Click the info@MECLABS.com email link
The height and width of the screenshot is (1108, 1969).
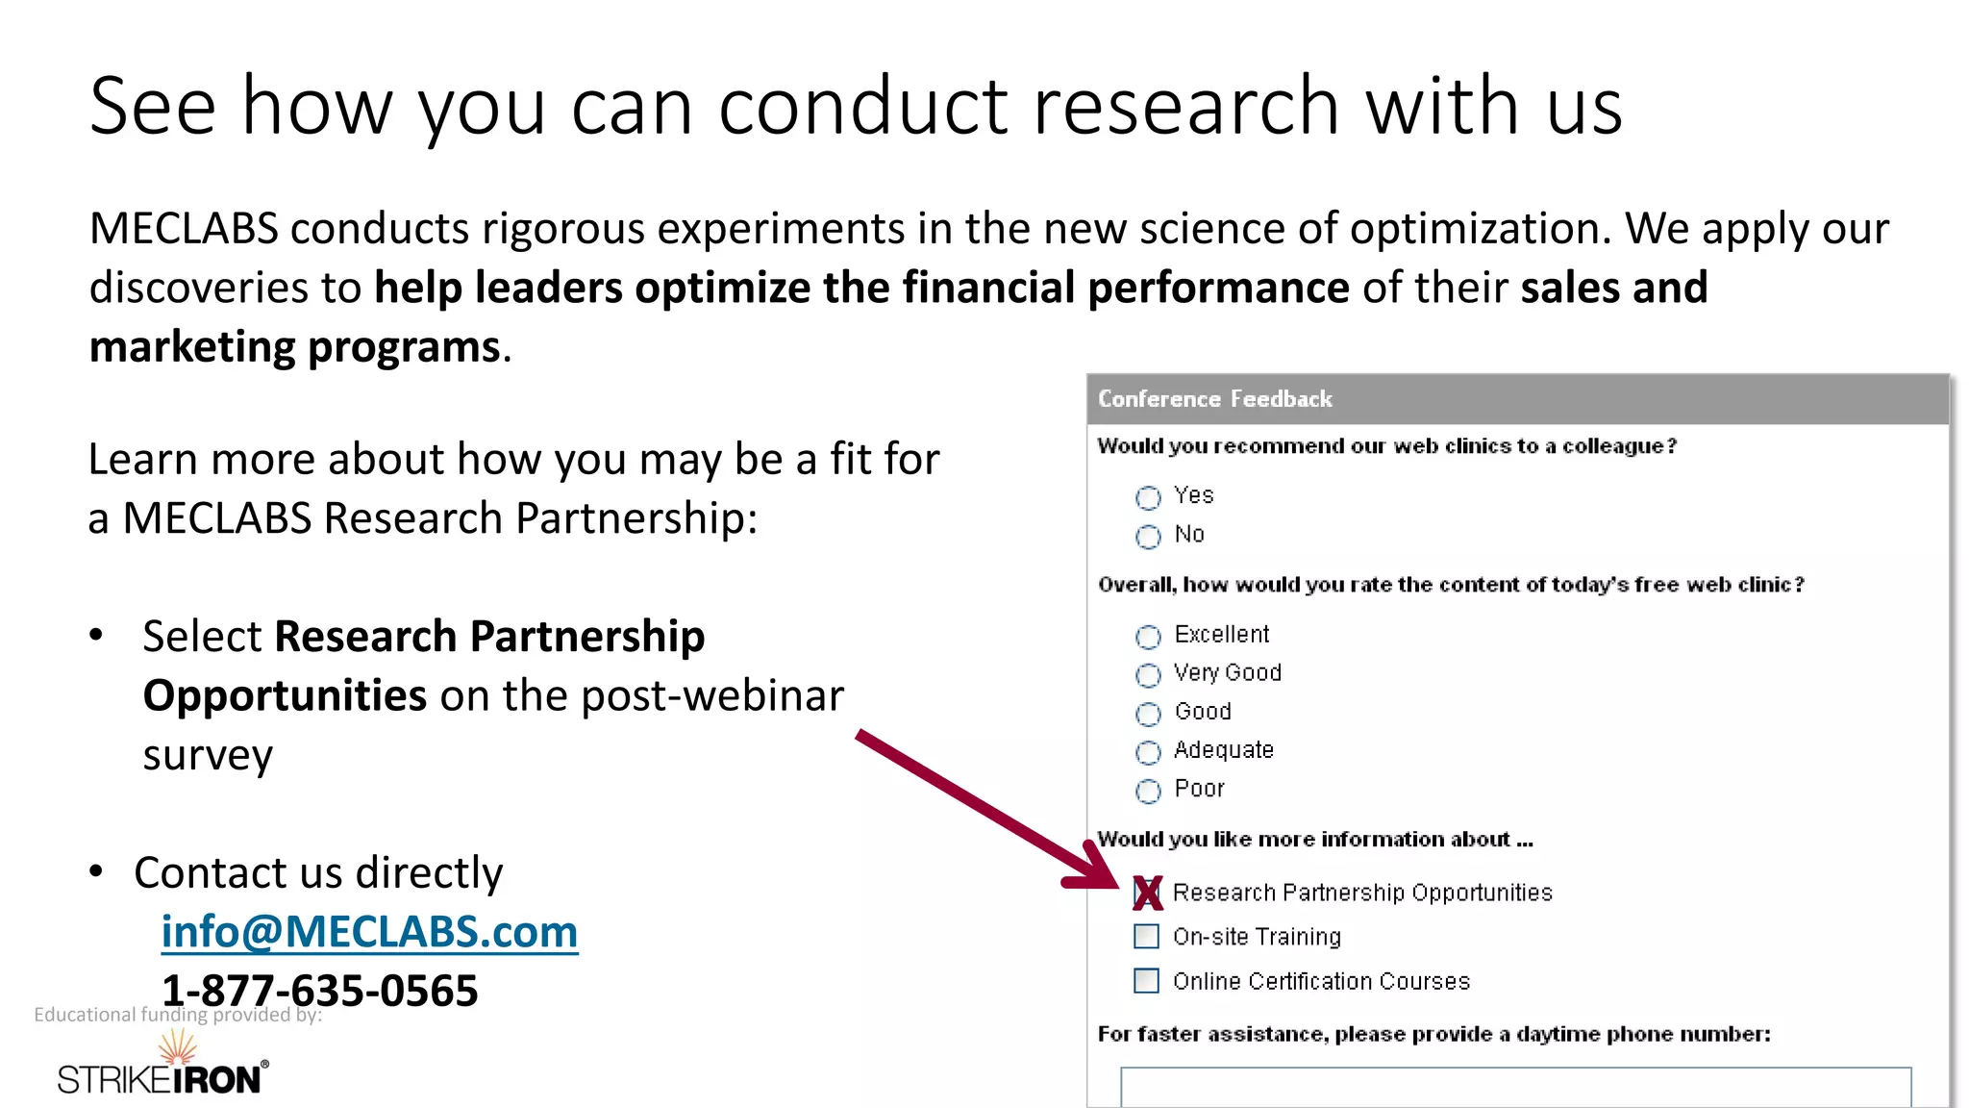point(369,932)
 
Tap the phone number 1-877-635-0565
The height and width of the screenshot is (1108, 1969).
point(319,990)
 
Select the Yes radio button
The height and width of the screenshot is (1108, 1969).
point(1148,497)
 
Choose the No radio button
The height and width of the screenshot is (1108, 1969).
point(1148,537)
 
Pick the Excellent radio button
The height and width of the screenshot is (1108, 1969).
point(1148,637)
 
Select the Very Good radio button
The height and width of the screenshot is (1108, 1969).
point(1148,675)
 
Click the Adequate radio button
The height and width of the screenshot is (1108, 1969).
point(1148,752)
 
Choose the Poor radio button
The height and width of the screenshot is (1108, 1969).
point(1148,791)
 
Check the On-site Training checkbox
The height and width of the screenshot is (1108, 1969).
point(1147,936)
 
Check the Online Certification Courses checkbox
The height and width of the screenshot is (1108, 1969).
point(1147,980)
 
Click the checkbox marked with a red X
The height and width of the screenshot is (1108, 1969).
point(1147,893)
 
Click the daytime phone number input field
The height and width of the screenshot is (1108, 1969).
point(1515,1087)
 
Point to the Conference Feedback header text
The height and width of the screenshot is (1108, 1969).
point(1214,399)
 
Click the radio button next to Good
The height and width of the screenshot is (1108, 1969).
point(1148,714)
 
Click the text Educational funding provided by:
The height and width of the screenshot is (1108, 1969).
point(178,1015)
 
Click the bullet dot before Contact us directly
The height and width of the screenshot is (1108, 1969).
point(96,871)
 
